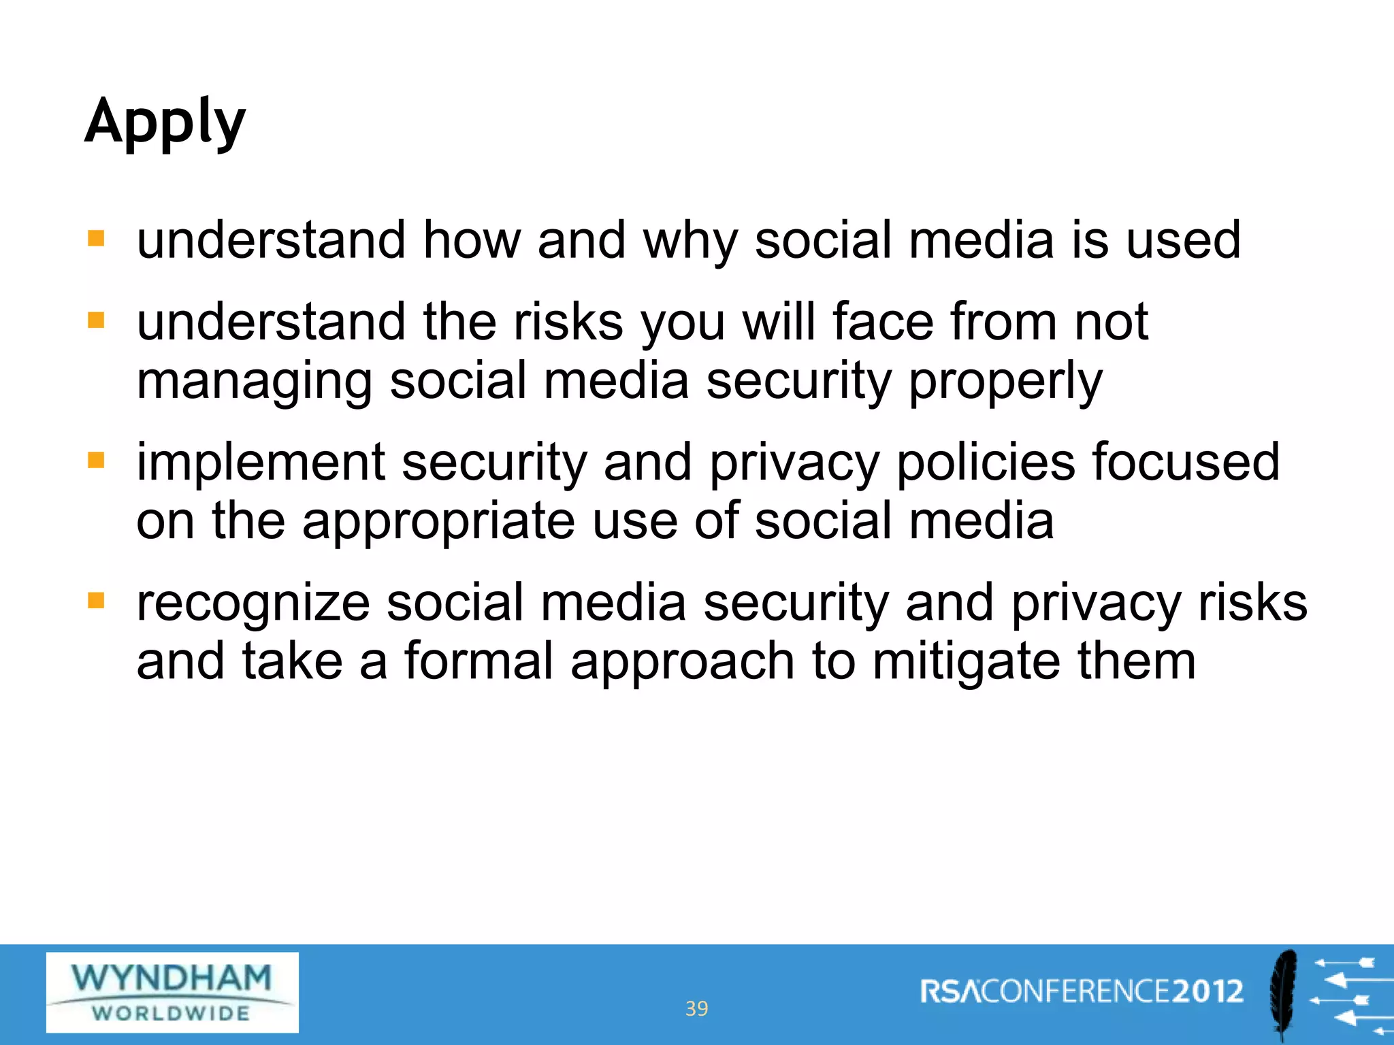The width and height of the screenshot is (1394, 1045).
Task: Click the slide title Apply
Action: [x=165, y=122]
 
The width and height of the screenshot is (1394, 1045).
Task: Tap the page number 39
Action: [x=696, y=1008]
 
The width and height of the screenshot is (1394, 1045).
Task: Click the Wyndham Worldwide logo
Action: [x=172, y=992]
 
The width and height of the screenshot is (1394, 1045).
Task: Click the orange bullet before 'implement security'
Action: [x=96, y=461]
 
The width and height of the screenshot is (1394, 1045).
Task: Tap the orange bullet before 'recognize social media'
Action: [x=96, y=601]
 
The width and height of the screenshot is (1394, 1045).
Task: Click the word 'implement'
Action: [x=261, y=463]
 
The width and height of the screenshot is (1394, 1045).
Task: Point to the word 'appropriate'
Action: [x=438, y=522]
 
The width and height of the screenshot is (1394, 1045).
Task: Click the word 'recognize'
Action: [x=253, y=603]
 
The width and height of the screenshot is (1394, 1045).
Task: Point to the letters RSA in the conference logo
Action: [x=950, y=992]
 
